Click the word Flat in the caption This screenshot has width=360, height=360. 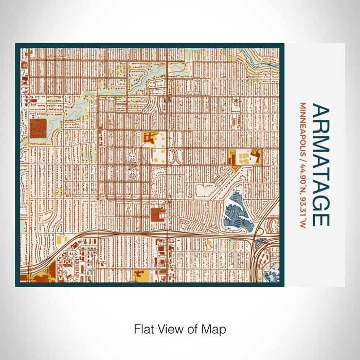point(144,329)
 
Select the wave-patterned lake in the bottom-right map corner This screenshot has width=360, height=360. point(271,273)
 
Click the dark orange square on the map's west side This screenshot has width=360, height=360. point(38,128)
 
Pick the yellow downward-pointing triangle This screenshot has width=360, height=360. point(235,167)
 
